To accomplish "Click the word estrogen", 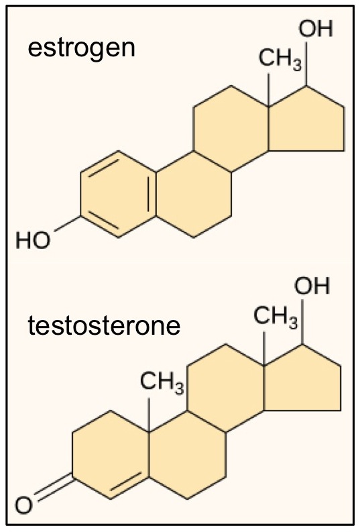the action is [x=81, y=49].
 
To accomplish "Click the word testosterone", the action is [x=104, y=325].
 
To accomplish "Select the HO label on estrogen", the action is [x=33, y=240].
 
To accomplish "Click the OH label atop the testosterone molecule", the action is [x=312, y=286].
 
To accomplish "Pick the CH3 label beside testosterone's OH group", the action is [x=276, y=317].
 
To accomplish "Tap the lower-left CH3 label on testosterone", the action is [x=162, y=382].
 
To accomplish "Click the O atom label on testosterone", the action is [x=23, y=505].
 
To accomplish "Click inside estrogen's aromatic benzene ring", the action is [x=118, y=194].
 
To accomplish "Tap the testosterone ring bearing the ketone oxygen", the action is [x=111, y=455].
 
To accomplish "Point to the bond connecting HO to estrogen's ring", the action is [x=68, y=223].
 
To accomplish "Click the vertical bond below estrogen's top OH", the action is [x=306, y=64].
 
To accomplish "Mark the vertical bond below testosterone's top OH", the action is [x=302, y=322].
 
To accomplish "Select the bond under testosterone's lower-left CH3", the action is [x=149, y=415].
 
